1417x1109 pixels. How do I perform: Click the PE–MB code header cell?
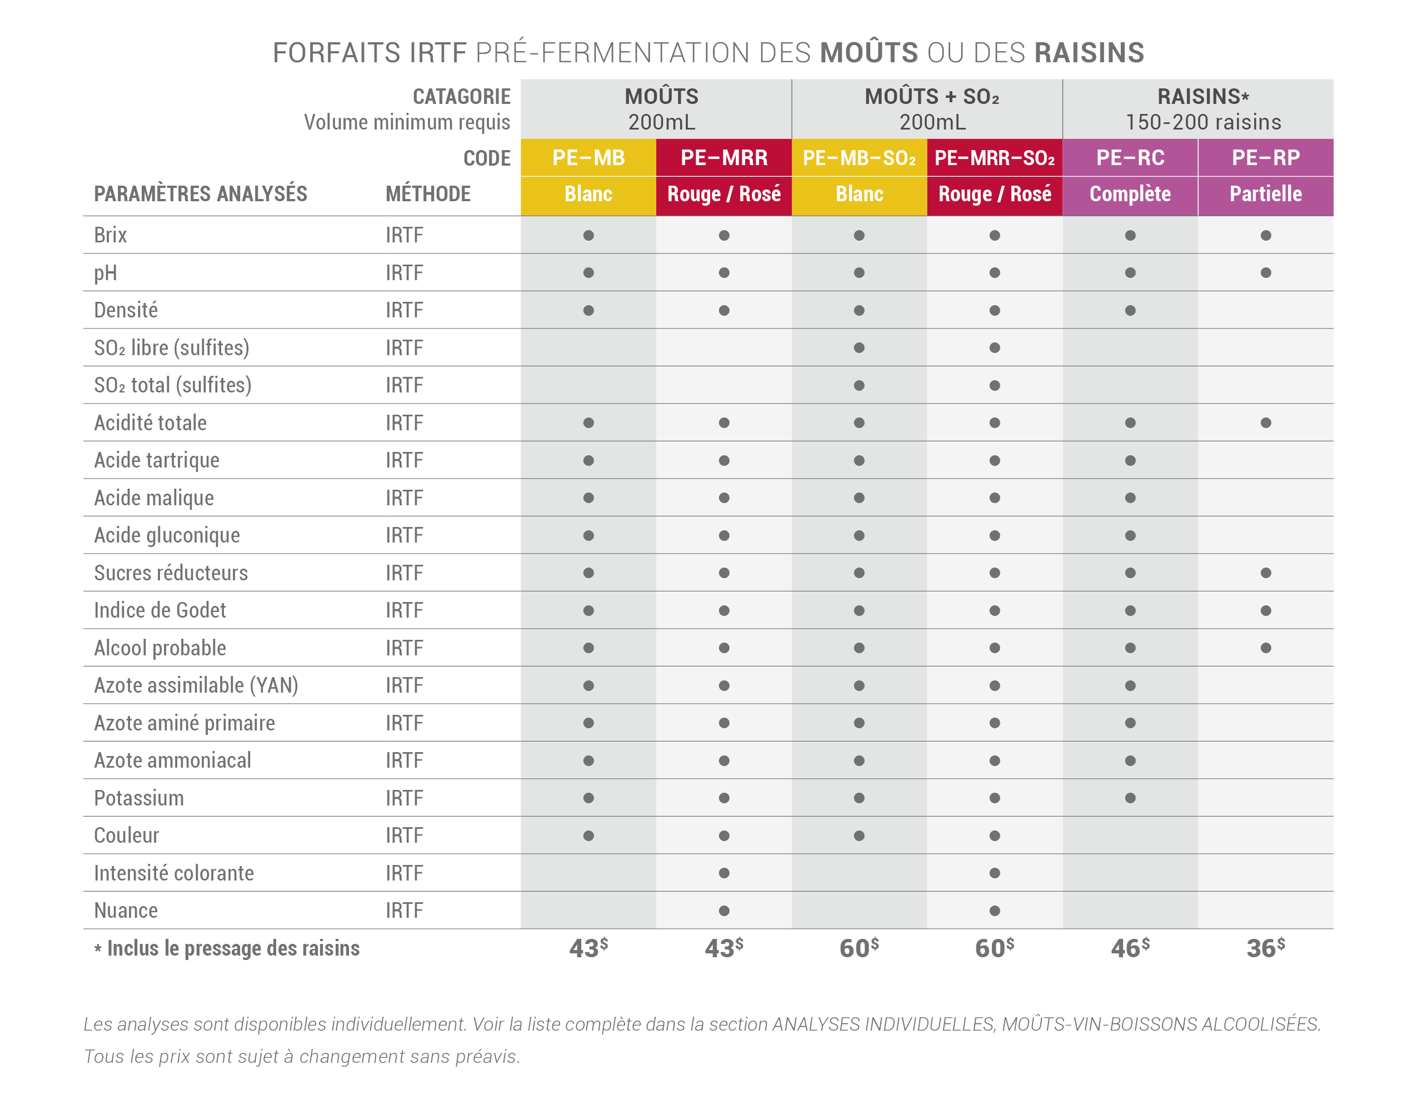(x=588, y=158)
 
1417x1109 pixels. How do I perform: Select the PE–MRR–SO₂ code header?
(x=995, y=158)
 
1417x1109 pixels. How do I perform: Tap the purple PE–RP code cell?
(x=1266, y=158)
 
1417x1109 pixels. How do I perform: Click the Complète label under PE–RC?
(x=1130, y=194)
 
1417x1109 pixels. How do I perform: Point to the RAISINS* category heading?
(x=1203, y=97)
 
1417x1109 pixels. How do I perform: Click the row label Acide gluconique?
(x=167, y=536)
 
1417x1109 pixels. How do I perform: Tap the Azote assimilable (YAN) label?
(x=196, y=685)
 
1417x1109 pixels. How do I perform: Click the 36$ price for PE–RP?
(x=1266, y=948)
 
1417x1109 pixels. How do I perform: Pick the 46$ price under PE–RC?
(x=1130, y=948)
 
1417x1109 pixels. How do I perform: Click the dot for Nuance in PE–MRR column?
(x=724, y=911)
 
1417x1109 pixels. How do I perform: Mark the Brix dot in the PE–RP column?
(x=1266, y=235)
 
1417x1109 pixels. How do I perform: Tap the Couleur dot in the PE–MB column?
(x=588, y=836)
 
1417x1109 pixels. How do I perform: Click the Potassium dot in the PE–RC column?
(x=1130, y=798)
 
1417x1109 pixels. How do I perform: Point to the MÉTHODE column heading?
(x=428, y=194)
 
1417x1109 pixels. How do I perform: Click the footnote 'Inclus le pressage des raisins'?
(x=233, y=948)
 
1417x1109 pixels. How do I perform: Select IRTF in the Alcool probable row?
(x=405, y=648)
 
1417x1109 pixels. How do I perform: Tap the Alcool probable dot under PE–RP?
(x=1266, y=648)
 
